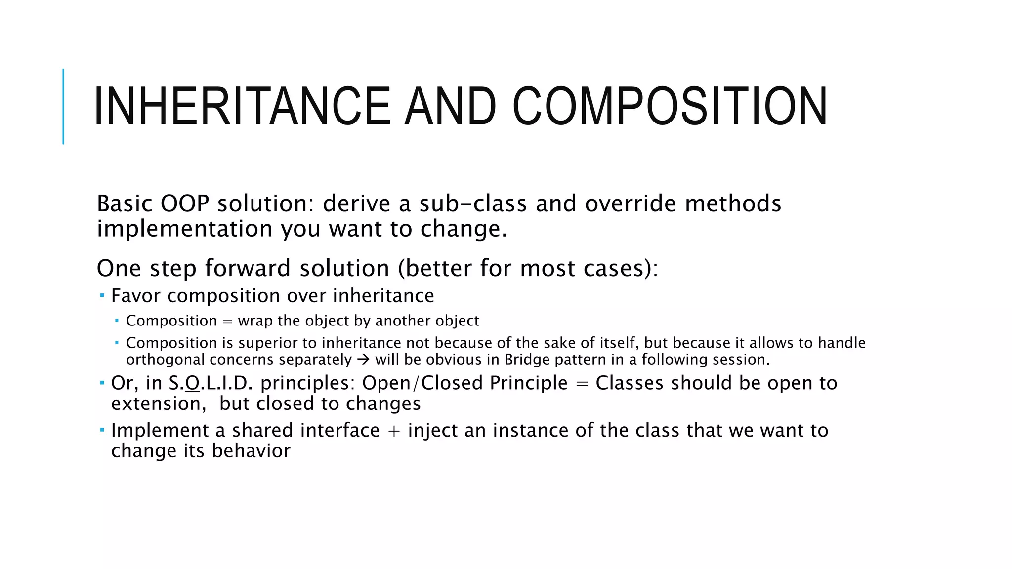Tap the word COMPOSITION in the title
coord(670,106)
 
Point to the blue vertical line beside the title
coord(63,106)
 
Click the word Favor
coord(135,296)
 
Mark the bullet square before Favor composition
coord(102,295)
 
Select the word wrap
coord(255,321)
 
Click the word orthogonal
coord(165,360)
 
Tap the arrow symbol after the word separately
coord(363,360)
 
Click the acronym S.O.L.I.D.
coord(211,383)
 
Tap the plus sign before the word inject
coord(394,431)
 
